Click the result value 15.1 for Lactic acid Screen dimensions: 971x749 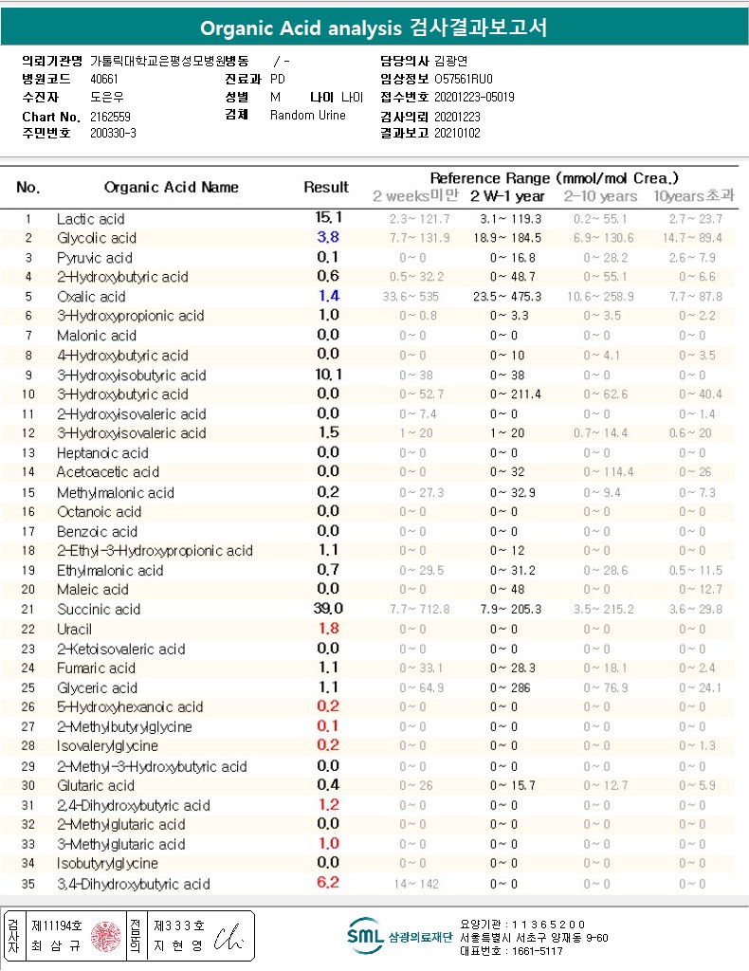(x=328, y=218)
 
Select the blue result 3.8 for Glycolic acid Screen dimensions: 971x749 (x=328, y=238)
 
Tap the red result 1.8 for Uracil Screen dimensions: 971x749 (x=328, y=629)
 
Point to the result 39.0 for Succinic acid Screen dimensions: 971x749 (x=328, y=609)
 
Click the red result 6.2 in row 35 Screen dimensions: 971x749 (x=328, y=883)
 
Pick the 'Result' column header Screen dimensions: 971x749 (x=326, y=187)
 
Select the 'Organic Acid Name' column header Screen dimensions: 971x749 (x=172, y=187)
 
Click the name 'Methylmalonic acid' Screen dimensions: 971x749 (x=116, y=492)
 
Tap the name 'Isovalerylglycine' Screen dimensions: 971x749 (x=107, y=746)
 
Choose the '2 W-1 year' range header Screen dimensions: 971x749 (x=508, y=196)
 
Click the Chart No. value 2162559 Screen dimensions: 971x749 (x=111, y=116)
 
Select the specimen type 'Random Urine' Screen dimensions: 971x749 (x=308, y=116)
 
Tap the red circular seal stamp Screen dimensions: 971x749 (x=106, y=937)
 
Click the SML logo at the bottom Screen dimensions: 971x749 (x=364, y=935)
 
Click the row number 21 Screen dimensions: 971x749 (x=28, y=609)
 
